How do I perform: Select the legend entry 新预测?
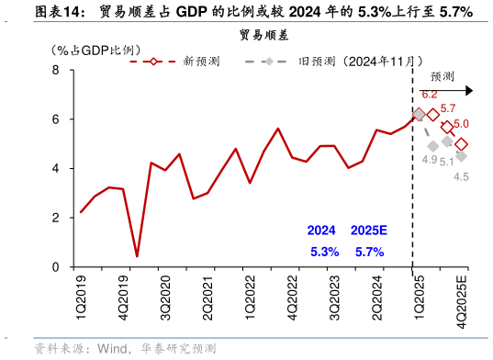click(x=201, y=62)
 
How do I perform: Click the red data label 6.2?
click(x=430, y=94)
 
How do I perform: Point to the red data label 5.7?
click(x=449, y=108)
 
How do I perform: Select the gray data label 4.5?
click(x=461, y=176)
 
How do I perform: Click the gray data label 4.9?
click(x=430, y=160)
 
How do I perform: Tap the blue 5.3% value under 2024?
click(x=324, y=251)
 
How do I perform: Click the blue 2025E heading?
click(x=369, y=231)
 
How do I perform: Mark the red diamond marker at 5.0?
click(x=461, y=144)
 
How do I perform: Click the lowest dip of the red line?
click(x=137, y=256)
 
